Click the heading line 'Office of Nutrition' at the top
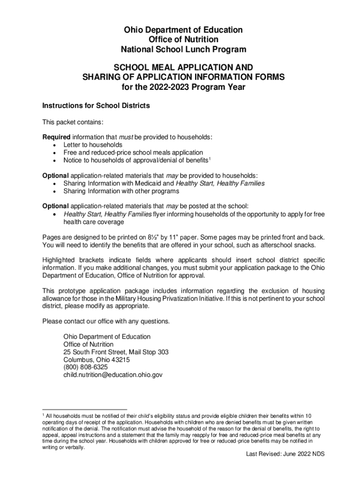[183, 40]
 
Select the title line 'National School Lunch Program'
[183, 50]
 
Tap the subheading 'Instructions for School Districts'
[96, 106]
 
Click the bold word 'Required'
[56, 137]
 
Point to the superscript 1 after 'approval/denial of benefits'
[210, 159]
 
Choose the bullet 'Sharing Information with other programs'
[121, 191]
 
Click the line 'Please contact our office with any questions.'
[106, 321]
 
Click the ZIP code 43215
[121, 360]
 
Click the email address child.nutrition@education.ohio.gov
[113, 375]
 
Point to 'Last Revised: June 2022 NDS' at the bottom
[285, 454]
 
